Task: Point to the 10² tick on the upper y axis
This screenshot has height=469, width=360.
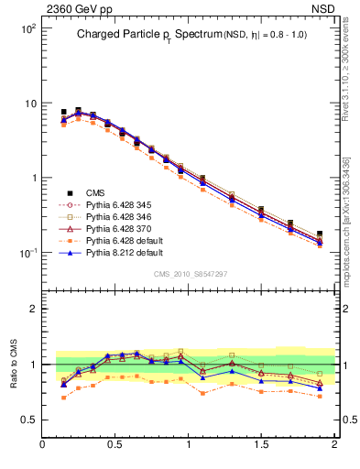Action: click(27, 28)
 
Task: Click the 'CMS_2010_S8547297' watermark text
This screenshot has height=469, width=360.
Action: click(189, 274)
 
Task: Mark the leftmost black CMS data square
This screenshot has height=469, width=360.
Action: click(63, 112)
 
